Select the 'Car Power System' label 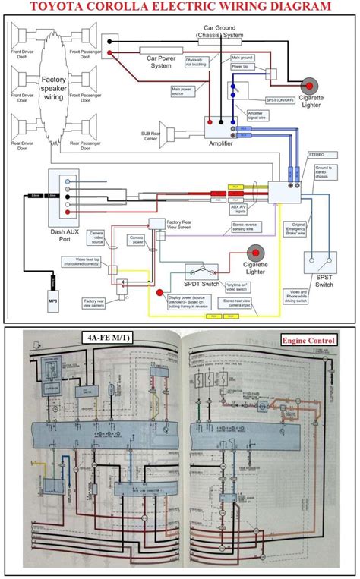pyautogui.click(x=161, y=61)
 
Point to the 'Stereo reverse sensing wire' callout pyautogui.click(x=248, y=225)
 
